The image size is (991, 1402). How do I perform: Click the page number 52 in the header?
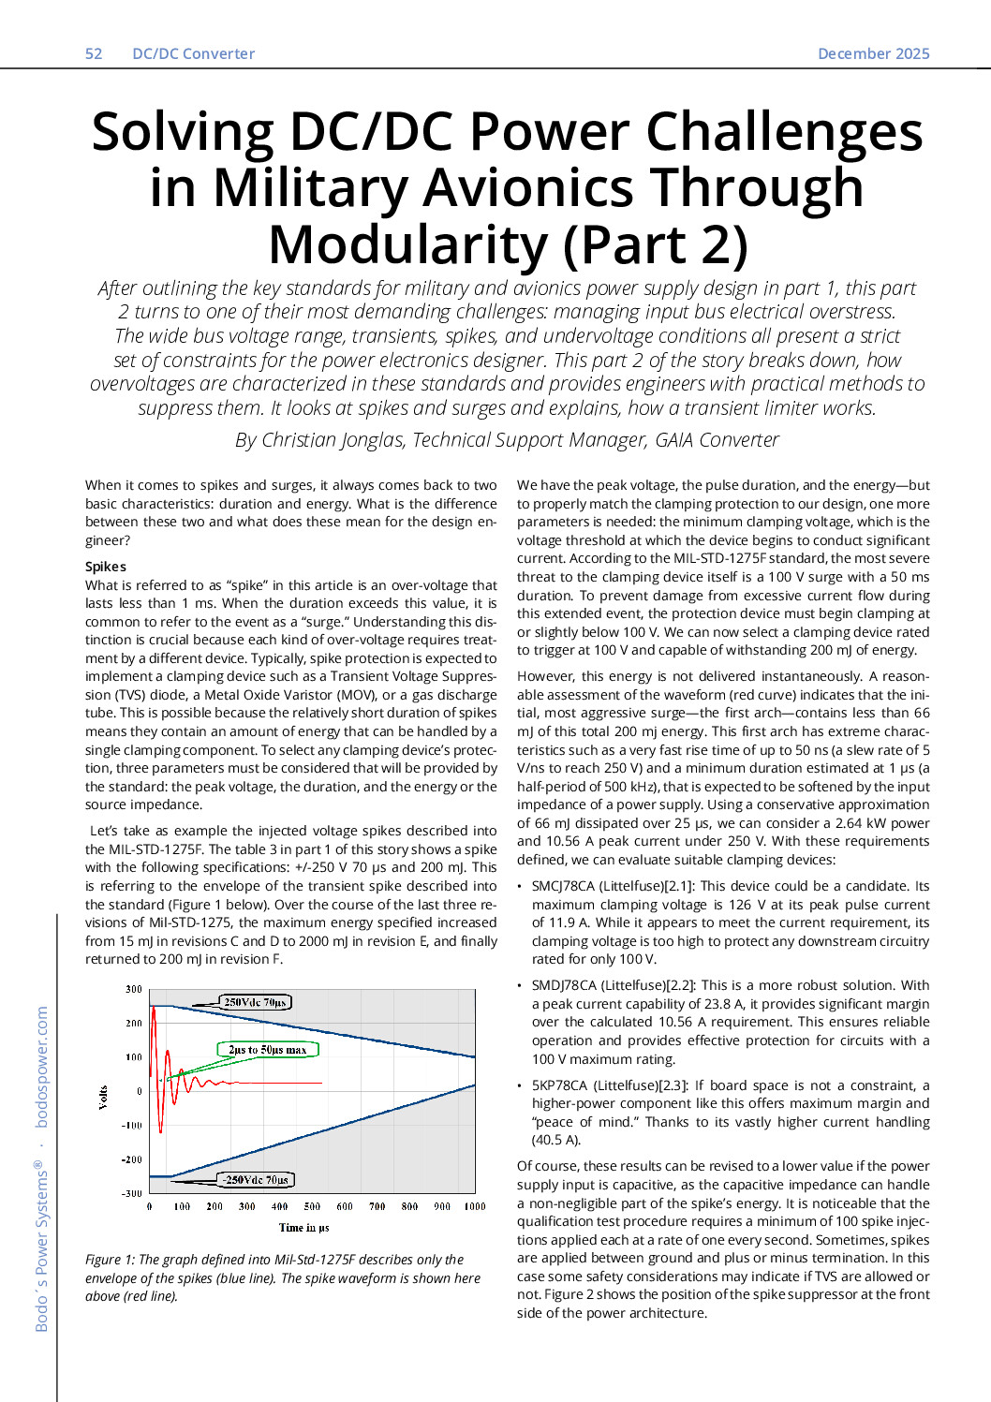click(x=94, y=53)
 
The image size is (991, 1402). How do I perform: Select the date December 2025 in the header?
click(x=873, y=53)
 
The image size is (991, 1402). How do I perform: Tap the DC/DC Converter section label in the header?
click(x=193, y=53)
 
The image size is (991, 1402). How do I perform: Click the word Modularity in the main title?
click(x=407, y=245)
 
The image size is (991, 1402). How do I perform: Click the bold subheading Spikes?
click(x=105, y=567)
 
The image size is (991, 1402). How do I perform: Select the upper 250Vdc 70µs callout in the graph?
click(x=255, y=1002)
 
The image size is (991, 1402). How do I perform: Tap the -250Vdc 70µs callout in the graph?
click(x=256, y=1179)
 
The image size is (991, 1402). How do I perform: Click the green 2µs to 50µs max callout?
click(x=267, y=1049)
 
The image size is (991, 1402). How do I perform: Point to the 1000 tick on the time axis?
click(x=474, y=1206)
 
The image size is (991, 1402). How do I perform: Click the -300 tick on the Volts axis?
click(x=133, y=1193)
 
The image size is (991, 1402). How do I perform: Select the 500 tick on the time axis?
click(x=312, y=1206)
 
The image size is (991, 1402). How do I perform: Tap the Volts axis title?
click(x=103, y=1097)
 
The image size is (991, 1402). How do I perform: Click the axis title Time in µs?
click(x=303, y=1227)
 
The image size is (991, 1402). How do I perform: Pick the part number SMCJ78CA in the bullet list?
click(x=563, y=886)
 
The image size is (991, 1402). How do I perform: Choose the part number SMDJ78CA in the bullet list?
click(x=564, y=985)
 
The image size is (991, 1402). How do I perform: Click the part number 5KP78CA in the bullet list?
click(x=559, y=1085)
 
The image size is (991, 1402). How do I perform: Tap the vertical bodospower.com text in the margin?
click(x=41, y=1067)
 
